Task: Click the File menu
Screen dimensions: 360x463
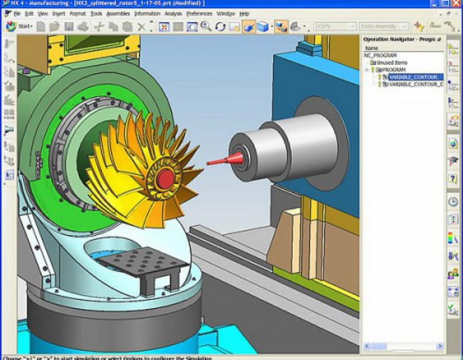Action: (x=16, y=13)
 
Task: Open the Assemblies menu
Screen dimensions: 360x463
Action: (x=118, y=13)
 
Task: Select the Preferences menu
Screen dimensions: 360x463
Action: (x=199, y=13)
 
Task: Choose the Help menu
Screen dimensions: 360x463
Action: (x=244, y=13)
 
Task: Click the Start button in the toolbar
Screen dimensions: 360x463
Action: (x=19, y=26)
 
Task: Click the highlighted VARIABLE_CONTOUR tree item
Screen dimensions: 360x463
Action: (x=413, y=77)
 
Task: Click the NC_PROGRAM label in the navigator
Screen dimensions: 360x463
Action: (x=380, y=55)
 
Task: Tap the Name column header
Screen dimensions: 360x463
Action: (x=371, y=48)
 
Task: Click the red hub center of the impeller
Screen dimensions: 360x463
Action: (x=165, y=178)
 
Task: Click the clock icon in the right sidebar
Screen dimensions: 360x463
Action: (x=453, y=202)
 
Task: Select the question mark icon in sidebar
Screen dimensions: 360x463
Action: (x=453, y=179)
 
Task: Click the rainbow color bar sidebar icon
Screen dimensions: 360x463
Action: (x=453, y=238)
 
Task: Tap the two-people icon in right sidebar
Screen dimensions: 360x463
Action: (x=453, y=274)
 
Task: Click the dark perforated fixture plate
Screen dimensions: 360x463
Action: (x=143, y=261)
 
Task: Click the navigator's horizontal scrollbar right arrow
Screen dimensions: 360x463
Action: (x=439, y=346)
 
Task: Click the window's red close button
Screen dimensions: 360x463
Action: (x=456, y=3)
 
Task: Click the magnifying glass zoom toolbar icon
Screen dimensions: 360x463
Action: (x=206, y=26)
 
